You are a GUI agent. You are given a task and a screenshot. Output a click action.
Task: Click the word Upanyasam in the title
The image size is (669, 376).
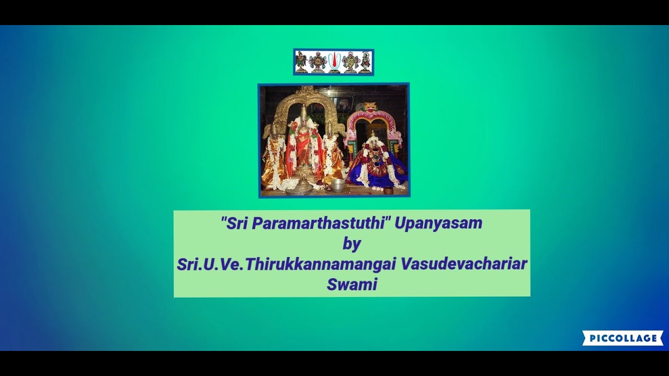click(x=438, y=224)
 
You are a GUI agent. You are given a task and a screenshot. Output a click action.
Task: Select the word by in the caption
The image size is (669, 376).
click(x=352, y=243)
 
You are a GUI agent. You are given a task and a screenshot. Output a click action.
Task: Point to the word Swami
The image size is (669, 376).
click(x=352, y=285)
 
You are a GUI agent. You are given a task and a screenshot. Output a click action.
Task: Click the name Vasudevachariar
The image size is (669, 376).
click(x=464, y=264)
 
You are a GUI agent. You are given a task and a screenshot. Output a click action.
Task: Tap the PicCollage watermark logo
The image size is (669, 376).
click(x=622, y=338)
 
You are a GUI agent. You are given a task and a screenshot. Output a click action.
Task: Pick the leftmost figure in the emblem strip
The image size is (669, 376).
click(x=301, y=62)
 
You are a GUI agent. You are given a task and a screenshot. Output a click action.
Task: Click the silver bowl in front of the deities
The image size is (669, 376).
click(x=338, y=185)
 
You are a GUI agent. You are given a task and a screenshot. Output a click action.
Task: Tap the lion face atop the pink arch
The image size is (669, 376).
click(x=371, y=108)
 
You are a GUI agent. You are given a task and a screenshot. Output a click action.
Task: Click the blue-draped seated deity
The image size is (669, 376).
click(x=376, y=164)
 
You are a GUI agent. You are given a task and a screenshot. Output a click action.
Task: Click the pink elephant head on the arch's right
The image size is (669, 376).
click(x=397, y=137)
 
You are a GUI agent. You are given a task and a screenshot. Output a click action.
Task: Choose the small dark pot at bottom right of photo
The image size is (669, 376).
click(x=388, y=191)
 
